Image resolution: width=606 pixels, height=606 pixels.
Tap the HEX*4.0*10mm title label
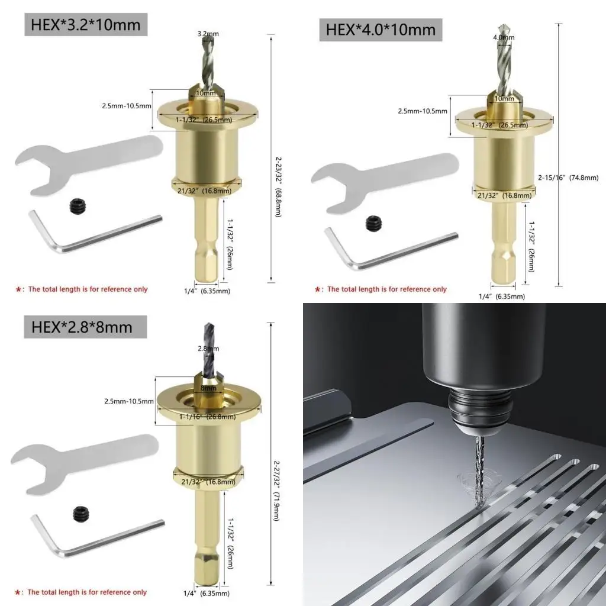point(381,29)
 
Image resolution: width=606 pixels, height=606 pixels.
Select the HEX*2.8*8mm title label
point(78,325)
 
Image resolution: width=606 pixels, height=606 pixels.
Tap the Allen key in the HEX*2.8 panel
point(89,536)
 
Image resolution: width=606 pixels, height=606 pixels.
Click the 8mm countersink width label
point(208,389)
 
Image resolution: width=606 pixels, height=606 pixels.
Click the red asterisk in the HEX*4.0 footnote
point(318,289)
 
